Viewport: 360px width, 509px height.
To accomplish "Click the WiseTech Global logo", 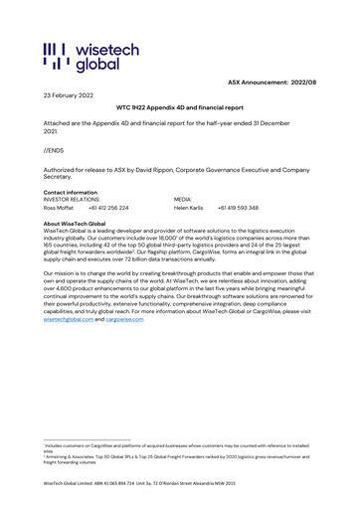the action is [82, 57].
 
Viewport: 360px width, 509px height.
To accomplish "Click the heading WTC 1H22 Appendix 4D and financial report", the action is [179, 108].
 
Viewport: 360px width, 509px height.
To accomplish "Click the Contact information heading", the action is [71, 192].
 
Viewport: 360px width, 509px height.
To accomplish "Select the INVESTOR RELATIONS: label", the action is [75, 200].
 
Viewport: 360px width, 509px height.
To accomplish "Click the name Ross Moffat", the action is [60, 208].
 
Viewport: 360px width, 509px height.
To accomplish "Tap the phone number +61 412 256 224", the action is [108, 208].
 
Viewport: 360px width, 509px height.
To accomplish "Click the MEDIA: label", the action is [185, 200].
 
